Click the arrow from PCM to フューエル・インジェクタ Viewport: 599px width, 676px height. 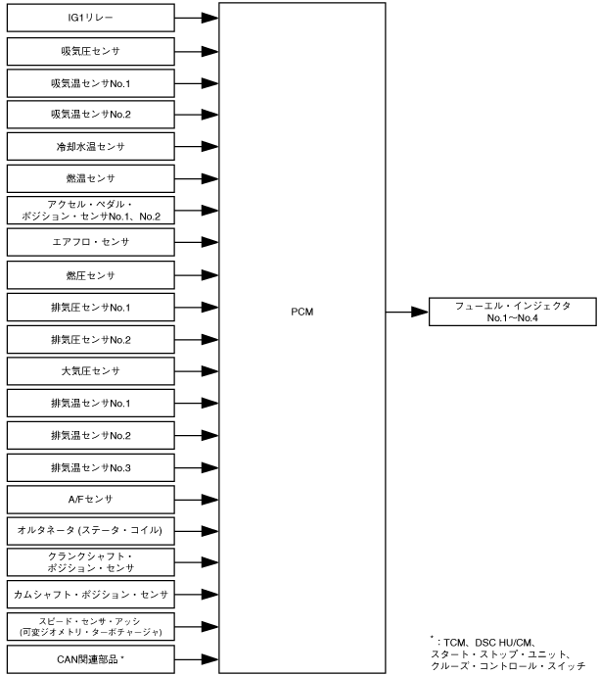click(x=407, y=313)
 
